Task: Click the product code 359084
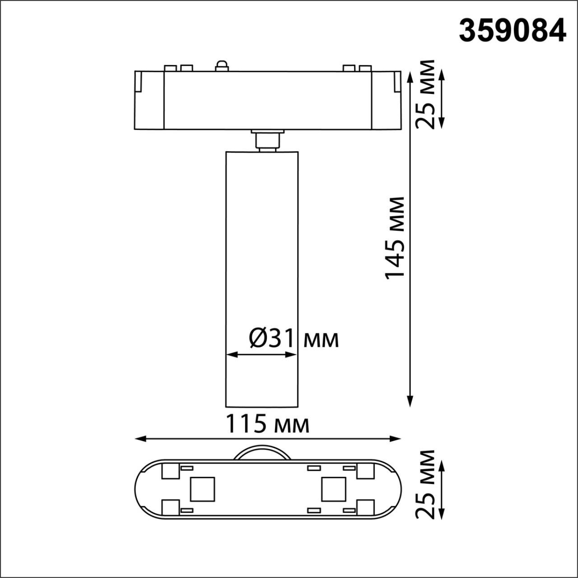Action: [x=512, y=31]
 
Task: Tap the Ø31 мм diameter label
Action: [x=294, y=338]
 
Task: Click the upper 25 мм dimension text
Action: [x=425, y=94]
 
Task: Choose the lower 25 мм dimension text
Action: [x=425, y=484]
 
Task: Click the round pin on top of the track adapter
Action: [x=222, y=66]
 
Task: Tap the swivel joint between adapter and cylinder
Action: [x=267, y=140]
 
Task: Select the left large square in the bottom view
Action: [x=202, y=489]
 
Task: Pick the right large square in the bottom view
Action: [x=334, y=489]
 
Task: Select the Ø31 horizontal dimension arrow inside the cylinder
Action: [x=261, y=355]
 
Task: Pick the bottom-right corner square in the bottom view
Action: [x=365, y=508]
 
